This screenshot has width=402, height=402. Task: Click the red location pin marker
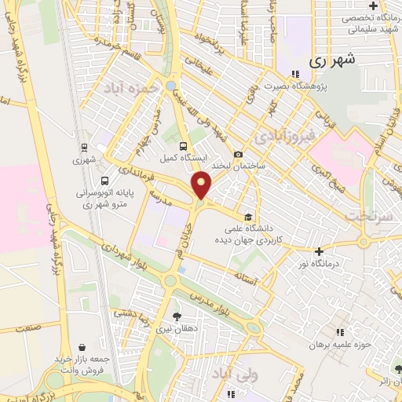(202, 185)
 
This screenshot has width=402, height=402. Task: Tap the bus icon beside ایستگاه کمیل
(183, 145)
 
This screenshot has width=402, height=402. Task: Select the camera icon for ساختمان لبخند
(238, 155)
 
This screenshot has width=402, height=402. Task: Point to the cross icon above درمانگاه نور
(318, 252)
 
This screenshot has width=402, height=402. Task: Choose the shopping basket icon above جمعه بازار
(83, 346)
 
